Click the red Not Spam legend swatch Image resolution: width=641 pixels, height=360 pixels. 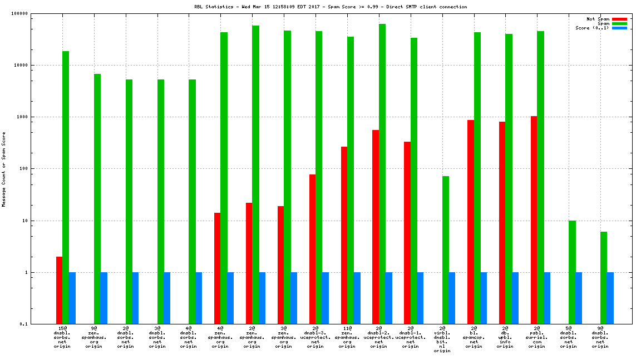[x=619, y=19]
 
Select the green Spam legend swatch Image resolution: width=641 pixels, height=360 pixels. [x=619, y=23]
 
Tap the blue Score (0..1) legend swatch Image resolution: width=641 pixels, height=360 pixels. [x=619, y=28]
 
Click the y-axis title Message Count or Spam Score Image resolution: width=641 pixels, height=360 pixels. [x=4, y=169]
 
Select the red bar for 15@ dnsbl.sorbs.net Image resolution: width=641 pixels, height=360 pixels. [x=59, y=290]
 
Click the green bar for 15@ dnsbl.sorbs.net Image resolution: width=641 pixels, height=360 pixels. [x=66, y=187]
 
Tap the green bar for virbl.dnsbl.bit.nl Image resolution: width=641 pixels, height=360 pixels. [x=446, y=250]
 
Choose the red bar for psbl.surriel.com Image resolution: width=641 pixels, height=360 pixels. [x=534, y=220]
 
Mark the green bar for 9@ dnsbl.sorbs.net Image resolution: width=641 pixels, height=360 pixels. [x=604, y=278]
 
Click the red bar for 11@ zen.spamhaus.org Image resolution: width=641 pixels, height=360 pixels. [x=344, y=235]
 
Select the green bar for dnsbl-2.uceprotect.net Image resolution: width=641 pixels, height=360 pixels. [x=382, y=174]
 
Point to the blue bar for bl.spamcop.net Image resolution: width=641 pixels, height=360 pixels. [x=484, y=298]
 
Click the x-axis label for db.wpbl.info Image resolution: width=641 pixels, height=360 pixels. [x=505, y=338]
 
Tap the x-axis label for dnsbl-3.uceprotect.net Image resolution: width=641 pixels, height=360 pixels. [x=315, y=338]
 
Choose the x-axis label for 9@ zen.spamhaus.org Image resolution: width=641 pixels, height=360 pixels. [x=94, y=338]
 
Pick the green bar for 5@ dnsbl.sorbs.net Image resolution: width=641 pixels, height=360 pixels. [x=572, y=272]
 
